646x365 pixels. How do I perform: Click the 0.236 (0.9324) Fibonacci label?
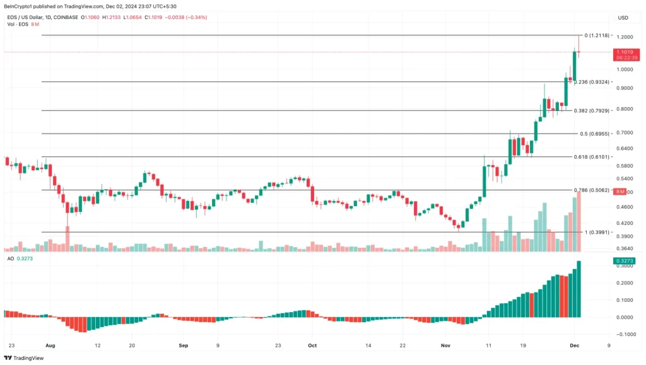click(x=590, y=82)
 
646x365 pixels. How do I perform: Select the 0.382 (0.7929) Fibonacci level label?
click(x=590, y=111)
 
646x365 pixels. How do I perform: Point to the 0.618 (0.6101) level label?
click(x=590, y=156)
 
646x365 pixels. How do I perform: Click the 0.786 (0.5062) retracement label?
click(x=590, y=190)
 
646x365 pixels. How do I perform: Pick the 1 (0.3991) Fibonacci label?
click(x=597, y=232)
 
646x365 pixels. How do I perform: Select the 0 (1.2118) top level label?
click(x=597, y=35)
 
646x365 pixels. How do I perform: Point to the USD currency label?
click(x=623, y=17)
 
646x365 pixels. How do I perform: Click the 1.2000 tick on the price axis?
click(x=626, y=38)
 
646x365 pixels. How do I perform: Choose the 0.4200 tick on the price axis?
click(x=626, y=223)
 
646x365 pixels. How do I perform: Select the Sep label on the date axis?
click(x=184, y=345)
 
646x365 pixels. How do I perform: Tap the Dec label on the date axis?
click(x=575, y=345)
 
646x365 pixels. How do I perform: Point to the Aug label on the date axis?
click(x=51, y=345)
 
